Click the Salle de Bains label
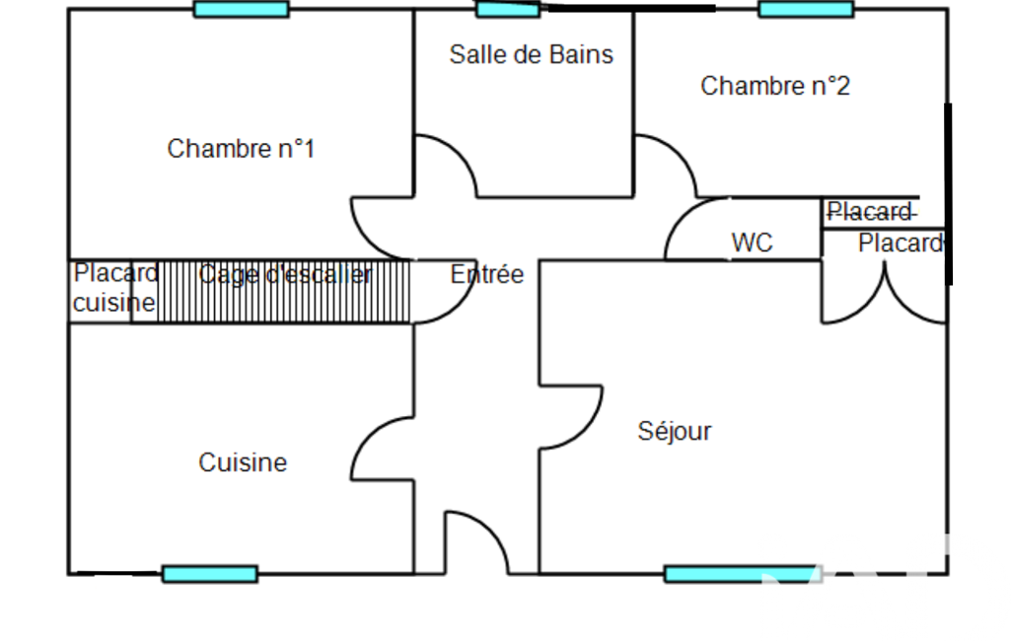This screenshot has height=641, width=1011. (531, 54)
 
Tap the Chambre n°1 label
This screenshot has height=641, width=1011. (241, 149)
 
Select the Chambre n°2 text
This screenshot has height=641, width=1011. (774, 86)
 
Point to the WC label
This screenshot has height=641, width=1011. (752, 243)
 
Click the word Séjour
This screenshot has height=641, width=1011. (675, 431)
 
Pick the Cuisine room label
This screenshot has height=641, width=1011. (243, 463)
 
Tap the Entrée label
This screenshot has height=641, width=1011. (487, 274)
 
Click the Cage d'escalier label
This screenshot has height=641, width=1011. (285, 275)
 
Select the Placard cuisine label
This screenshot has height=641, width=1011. (114, 288)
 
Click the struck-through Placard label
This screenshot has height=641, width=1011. (869, 212)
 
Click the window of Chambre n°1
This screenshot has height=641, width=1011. (241, 10)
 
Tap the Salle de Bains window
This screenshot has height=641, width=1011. (508, 10)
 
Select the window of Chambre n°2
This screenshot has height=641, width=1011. (805, 10)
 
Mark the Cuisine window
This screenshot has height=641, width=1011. (209, 574)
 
